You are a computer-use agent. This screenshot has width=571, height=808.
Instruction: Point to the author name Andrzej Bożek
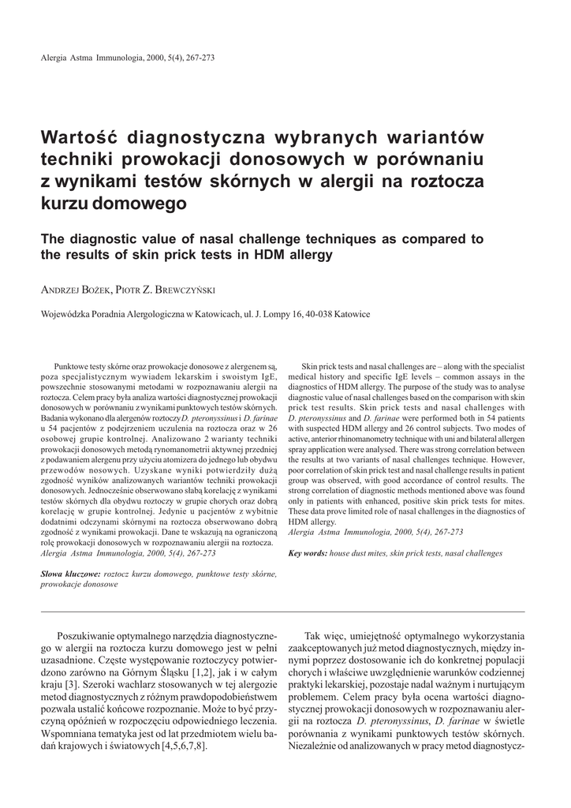click(75, 290)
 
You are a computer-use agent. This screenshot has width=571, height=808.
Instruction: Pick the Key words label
click(308, 553)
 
